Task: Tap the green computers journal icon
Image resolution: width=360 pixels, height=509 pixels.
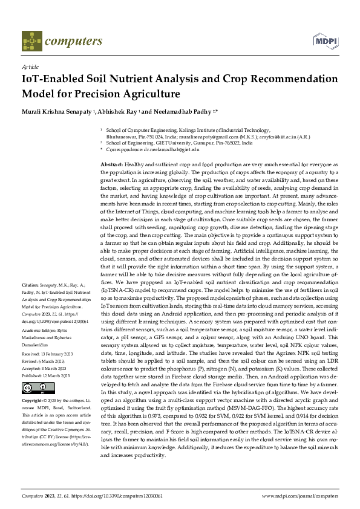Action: point(28,42)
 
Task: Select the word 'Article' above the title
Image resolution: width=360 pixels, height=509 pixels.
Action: point(30,66)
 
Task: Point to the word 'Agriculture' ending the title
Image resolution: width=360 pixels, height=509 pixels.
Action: point(149,94)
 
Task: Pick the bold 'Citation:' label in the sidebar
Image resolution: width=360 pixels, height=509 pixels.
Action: point(31,284)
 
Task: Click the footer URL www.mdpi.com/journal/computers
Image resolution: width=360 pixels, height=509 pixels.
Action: point(299,495)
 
